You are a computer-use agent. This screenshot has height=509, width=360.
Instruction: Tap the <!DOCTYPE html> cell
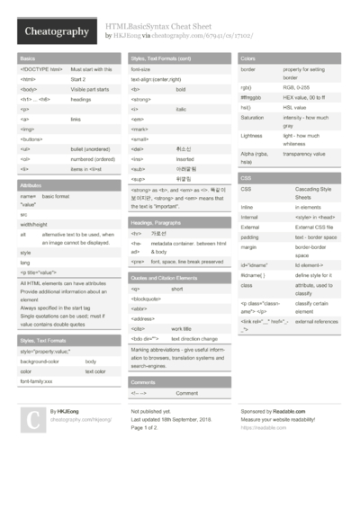(41, 69)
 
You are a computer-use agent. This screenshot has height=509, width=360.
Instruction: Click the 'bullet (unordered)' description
(93, 148)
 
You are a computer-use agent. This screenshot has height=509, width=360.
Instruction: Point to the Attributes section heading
(31, 183)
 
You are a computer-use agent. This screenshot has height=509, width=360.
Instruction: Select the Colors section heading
(249, 58)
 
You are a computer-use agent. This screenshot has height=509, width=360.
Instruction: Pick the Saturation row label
(253, 118)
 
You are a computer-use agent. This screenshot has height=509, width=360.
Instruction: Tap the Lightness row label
(253, 137)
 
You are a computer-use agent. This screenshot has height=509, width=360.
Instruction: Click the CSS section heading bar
(292, 178)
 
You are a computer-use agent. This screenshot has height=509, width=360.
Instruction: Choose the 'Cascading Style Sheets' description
(315, 193)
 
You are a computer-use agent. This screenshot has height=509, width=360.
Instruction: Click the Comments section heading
(144, 381)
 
